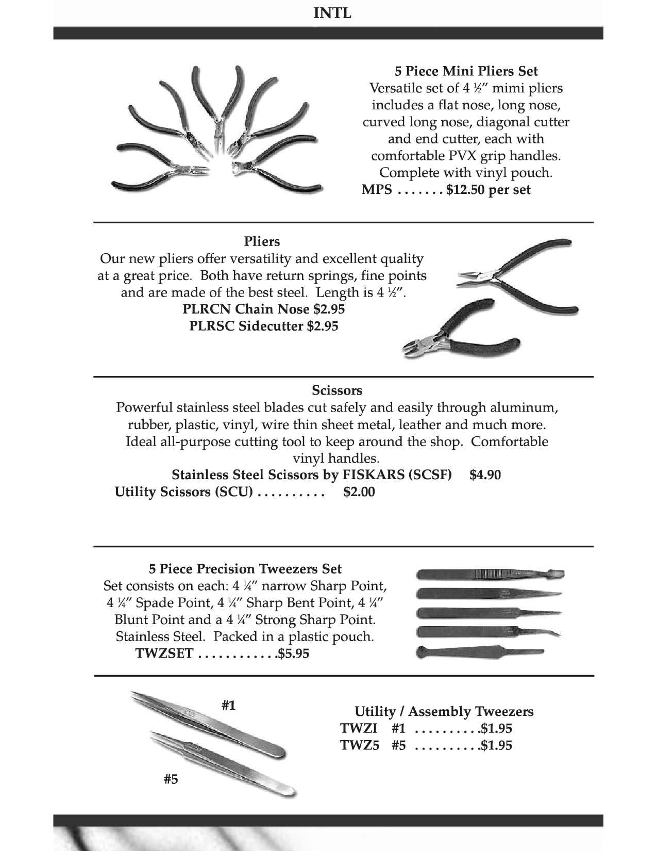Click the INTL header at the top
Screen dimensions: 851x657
tap(332, 13)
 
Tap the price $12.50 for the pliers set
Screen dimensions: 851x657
tap(465, 190)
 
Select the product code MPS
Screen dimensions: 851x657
tap(377, 190)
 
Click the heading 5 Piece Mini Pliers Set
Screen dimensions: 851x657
tap(466, 71)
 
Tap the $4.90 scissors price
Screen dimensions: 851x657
tap(485, 474)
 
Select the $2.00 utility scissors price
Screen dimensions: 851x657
tap(359, 492)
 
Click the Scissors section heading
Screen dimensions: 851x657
tap(337, 390)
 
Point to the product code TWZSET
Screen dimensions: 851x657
tap(164, 653)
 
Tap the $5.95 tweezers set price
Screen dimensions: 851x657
tap(294, 653)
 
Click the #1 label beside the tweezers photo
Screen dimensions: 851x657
tap(229, 705)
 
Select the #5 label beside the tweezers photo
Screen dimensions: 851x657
tap(171, 779)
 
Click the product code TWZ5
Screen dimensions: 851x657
tap(359, 745)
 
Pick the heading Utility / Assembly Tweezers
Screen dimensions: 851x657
tap(444, 712)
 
